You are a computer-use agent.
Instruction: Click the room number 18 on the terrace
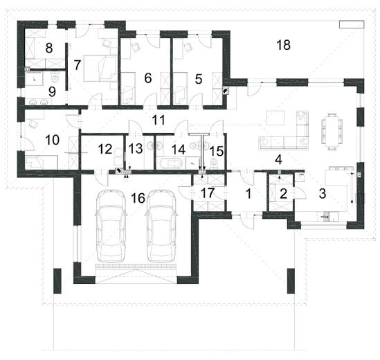[x=283, y=45]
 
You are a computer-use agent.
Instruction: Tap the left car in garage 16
[x=111, y=226]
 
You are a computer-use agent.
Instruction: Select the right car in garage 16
[x=161, y=226]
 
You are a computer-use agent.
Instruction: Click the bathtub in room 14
[x=169, y=163]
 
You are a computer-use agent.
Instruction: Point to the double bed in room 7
[x=100, y=69]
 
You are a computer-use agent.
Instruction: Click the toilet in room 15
[x=215, y=163]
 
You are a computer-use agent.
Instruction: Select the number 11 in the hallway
[x=159, y=120]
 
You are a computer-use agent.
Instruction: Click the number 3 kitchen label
[x=323, y=193]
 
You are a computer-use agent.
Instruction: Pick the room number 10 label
[x=53, y=140]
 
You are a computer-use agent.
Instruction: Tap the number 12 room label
[x=105, y=149]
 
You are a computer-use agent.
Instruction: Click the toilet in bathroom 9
[x=55, y=78]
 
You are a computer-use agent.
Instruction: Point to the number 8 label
[x=49, y=48]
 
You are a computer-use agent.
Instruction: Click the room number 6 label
[x=148, y=78]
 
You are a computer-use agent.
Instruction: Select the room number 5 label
[x=199, y=79]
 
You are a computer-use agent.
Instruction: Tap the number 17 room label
[x=208, y=192]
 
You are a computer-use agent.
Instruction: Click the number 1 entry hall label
[x=248, y=194]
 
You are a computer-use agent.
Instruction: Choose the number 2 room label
[x=283, y=194]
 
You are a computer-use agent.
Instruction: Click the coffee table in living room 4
[x=275, y=118]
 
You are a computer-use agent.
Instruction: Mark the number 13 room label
[x=136, y=148]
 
